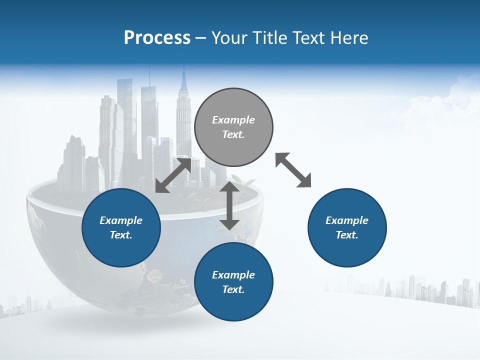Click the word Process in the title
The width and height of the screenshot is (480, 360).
[x=157, y=38]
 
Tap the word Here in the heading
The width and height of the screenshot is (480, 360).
[x=349, y=38]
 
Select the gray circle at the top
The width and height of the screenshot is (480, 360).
[x=233, y=127]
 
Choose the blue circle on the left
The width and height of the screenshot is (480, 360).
[x=121, y=227]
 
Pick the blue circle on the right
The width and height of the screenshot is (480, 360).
[x=347, y=227]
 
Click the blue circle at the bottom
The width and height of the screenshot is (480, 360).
[x=233, y=282]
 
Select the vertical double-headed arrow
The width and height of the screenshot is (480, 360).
[x=229, y=205]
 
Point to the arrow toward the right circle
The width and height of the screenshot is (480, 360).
[x=293, y=170]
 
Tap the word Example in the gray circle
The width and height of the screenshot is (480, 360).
[x=233, y=120]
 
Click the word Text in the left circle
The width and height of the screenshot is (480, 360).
[x=121, y=235]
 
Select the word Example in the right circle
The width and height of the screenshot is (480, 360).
[x=347, y=220]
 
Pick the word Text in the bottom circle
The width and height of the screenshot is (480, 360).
[x=233, y=289]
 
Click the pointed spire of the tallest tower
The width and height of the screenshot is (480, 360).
[x=184, y=75]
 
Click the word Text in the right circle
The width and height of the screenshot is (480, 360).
[x=347, y=235]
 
